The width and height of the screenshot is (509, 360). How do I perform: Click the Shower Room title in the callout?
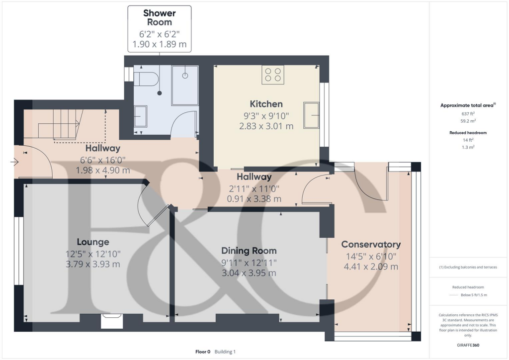(x=160, y=17)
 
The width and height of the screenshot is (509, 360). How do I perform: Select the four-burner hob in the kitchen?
(x=273, y=75)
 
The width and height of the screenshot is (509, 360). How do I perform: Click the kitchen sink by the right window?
(x=312, y=115)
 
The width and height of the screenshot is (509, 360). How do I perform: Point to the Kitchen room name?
(x=266, y=104)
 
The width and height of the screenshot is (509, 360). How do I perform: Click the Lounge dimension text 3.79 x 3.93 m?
(x=93, y=264)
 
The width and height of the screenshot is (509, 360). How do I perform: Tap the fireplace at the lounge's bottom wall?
(x=111, y=321)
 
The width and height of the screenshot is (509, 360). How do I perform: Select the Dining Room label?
(x=249, y=251)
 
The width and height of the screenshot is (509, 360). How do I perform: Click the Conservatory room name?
(x=371, y=245)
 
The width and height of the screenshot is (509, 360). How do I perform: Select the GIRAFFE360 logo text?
(x=468, y=345)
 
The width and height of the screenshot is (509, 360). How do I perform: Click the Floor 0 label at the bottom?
(x=203, y=352)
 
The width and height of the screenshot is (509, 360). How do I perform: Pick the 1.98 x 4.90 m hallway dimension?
(x=103, y=170)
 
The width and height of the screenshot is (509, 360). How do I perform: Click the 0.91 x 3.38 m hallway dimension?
(x=254, y=198)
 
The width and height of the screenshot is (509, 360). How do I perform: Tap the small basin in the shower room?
(x=141, y=117)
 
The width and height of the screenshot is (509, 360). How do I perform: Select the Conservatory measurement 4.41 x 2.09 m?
(x=371, y=267)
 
